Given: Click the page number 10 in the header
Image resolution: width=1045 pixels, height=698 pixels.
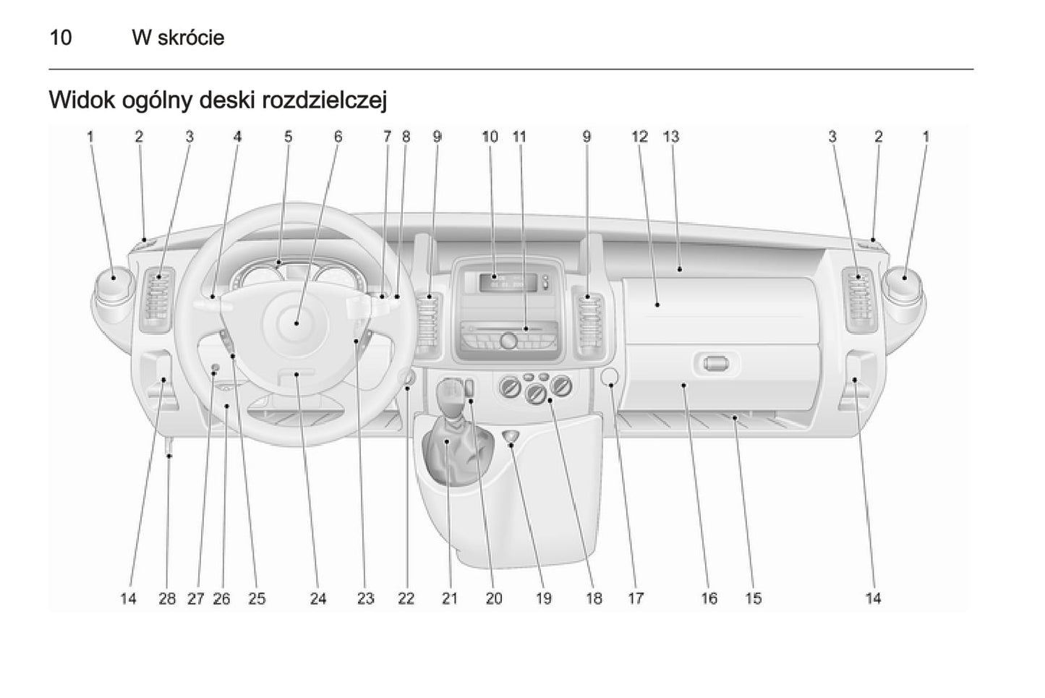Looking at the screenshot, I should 61,38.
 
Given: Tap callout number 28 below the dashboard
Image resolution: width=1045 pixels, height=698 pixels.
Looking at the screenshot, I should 167,598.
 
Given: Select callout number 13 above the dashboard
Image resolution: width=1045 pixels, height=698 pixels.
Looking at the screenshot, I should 671,136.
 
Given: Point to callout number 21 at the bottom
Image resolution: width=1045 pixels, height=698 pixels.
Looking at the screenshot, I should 450,598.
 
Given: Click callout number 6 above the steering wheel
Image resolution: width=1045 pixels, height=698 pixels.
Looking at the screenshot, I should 338,136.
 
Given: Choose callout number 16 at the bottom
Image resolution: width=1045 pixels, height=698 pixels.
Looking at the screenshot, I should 709,598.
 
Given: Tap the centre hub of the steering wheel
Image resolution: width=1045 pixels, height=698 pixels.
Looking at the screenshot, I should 297,323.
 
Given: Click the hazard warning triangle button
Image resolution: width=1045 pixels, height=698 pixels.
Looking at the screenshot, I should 512,435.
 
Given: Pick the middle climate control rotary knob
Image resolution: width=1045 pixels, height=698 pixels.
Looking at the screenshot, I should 537,393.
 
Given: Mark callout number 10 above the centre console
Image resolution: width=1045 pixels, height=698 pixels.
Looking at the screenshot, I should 490,136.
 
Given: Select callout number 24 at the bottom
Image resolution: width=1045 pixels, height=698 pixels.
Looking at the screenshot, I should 318,598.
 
